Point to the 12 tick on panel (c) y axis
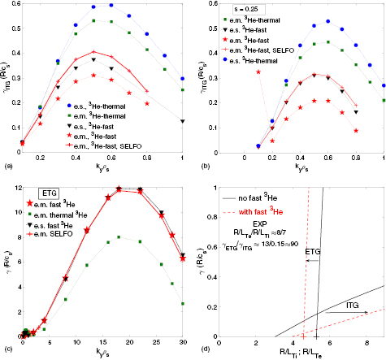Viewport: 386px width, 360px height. coord(9,189)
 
